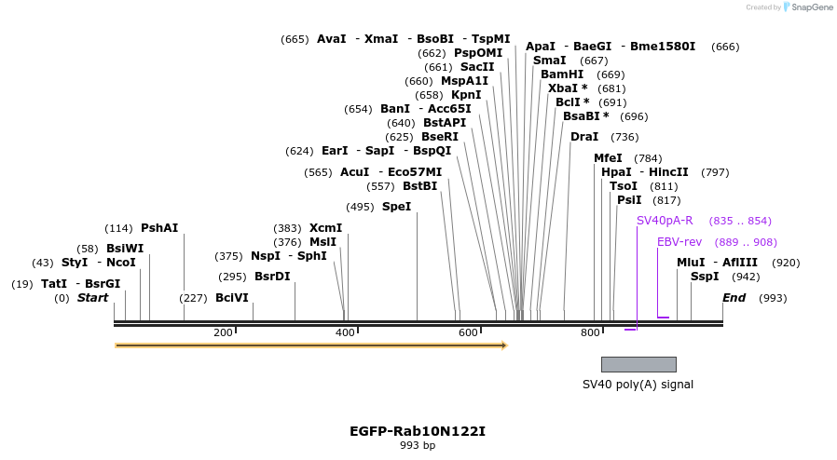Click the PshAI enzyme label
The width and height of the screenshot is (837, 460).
point(159,228)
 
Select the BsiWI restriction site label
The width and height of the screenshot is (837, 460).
point(125,249)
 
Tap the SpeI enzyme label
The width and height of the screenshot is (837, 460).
point(396,207)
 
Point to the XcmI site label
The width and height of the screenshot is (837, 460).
point(325,228)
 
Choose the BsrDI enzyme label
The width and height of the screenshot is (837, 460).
point(272,277)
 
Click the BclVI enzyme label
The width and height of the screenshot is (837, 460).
point(232,298)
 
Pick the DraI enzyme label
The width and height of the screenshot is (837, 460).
point(584,137)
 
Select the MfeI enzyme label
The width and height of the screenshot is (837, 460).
point(608,158)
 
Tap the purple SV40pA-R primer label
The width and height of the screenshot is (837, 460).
point(665,221)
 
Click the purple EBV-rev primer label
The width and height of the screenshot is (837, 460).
point(679,242)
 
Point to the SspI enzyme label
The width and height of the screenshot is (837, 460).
point(705,277)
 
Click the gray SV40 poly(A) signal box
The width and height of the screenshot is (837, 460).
point(638,364)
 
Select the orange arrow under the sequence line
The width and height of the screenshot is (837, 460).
point(310,345)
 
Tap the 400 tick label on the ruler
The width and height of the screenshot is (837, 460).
point(345,332)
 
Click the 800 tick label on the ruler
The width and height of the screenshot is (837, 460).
point(590,332)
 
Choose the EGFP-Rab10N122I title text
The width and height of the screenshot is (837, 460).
point(418,431)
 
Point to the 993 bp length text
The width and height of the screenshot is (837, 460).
point(418,446)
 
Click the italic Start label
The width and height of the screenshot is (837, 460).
point(92,298)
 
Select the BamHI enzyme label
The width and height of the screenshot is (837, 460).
point(562,74)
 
